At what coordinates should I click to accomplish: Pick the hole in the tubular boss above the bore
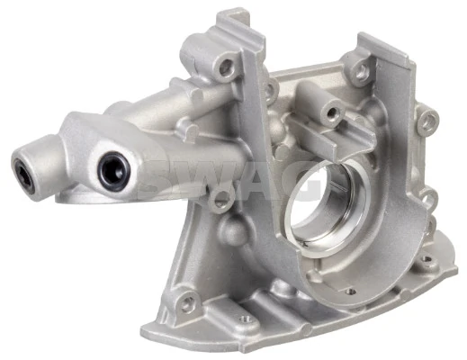pyautogui.click(x=332, y=112)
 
